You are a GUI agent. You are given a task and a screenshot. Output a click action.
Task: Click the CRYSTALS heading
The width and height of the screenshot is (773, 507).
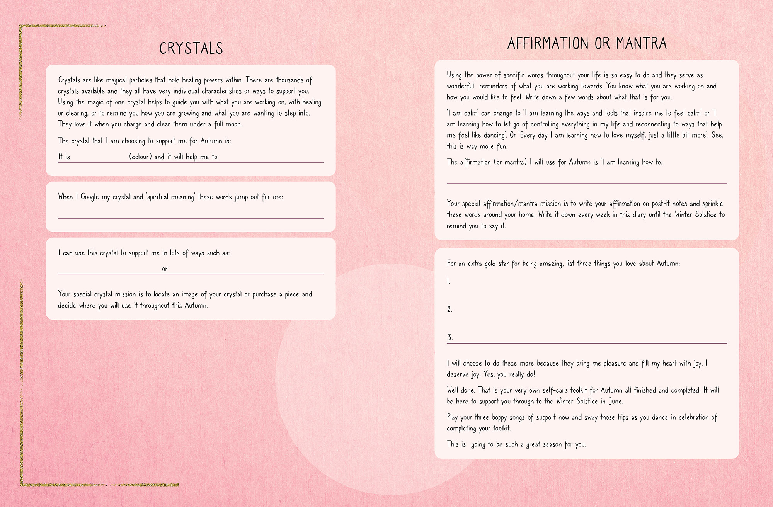tap(191, 48)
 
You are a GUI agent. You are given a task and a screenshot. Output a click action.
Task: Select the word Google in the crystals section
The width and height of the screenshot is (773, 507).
tap(90, 197)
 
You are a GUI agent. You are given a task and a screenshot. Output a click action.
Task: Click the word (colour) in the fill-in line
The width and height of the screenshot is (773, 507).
tap(140, 157)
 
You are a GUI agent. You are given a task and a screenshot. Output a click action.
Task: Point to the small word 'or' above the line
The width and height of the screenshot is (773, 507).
tap(165, 269)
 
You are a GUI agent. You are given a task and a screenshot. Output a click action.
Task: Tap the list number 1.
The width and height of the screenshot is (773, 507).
tap(448, 282)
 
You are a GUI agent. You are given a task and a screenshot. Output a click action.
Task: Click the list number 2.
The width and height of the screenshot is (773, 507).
tap(449, 309)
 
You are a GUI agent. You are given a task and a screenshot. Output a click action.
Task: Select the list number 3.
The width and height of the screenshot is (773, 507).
tap(449, 337)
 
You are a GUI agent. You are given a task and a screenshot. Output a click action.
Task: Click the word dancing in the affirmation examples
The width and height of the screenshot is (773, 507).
tap(494, 135)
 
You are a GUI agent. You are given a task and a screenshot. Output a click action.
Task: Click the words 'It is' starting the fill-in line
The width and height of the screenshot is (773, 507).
tap(64, 157)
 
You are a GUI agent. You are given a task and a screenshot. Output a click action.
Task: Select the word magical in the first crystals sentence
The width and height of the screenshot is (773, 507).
tap(116, 80)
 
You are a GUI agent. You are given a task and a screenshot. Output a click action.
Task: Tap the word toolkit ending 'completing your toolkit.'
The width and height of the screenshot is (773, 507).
tap(502, 428)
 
